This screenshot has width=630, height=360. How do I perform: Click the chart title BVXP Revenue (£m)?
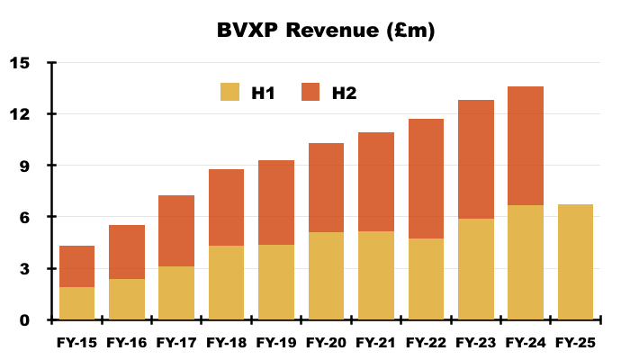coord(326,31)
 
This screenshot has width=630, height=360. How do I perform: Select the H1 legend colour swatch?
coord(230,92)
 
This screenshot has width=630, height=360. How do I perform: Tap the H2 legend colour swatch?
coord(310,92)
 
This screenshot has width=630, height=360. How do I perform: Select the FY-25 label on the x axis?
coord(575,343)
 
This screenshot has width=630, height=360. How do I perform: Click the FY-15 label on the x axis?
coord(77,343)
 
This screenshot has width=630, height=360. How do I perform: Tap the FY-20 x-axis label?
coord(326,343)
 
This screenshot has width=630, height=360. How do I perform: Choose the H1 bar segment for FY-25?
coord(575,262)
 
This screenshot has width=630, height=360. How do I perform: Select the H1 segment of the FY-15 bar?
coord(77,303)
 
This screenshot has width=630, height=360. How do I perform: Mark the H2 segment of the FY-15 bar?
coord(77,266)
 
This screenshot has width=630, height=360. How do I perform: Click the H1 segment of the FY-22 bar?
coord(426,279)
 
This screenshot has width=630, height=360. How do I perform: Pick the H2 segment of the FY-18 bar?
coord(227,207)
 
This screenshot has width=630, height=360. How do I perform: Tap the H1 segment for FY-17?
coord(177,292)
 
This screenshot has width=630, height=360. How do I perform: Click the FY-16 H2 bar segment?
coord(127,252)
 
